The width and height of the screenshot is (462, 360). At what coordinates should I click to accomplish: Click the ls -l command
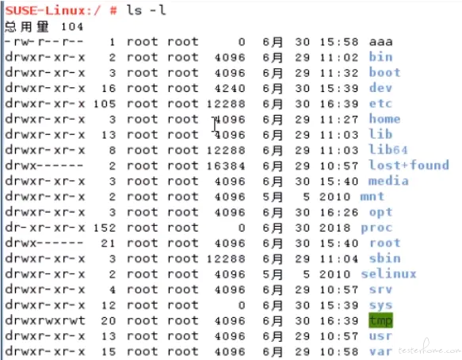(146, 10)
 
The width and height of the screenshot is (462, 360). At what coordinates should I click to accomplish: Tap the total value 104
(72, 27)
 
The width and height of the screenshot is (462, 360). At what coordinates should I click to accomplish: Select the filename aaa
(380, 42)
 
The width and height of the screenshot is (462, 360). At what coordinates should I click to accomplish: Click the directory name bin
(380, 57)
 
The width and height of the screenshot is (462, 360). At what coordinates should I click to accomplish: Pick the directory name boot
(384, 72)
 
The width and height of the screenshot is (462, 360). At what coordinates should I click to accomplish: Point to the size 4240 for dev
(230, 88)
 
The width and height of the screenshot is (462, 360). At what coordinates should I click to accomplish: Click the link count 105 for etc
(105, 104)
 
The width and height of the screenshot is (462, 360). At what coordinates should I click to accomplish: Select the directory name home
(384, 119)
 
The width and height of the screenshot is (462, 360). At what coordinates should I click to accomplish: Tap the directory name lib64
(388, 150)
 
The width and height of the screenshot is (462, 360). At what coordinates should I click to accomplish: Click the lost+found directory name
(409, 165)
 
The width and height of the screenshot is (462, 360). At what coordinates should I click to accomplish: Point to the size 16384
(226, 166)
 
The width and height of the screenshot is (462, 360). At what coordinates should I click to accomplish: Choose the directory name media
(388, 181)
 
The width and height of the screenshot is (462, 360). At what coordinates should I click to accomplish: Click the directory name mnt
(372, 197)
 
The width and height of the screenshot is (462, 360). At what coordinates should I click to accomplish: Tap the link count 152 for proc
(105, 228)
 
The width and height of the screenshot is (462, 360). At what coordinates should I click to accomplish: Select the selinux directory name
(388, 274)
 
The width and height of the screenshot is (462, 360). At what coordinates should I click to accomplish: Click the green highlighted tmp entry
(380, 320)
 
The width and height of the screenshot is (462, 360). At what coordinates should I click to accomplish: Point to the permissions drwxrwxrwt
(45, 320)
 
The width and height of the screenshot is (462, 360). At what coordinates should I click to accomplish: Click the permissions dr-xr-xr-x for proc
(45, 228)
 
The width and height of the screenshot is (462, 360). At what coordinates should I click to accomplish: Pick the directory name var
(380, 351)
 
